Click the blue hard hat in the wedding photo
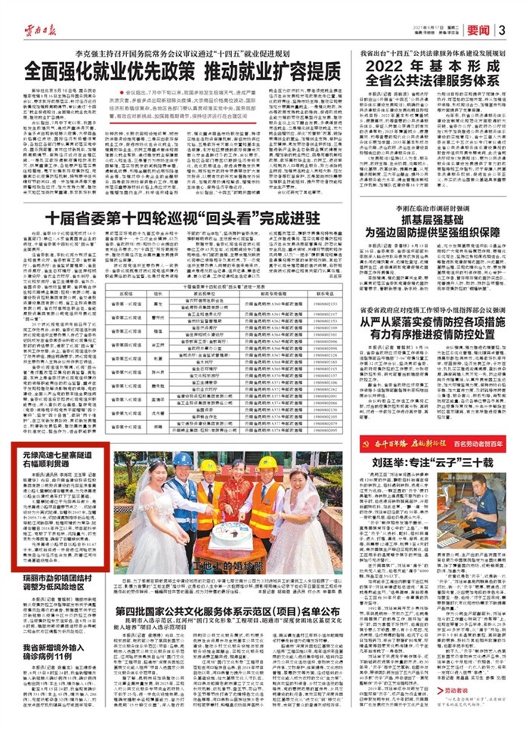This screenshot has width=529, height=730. [182, 459]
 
